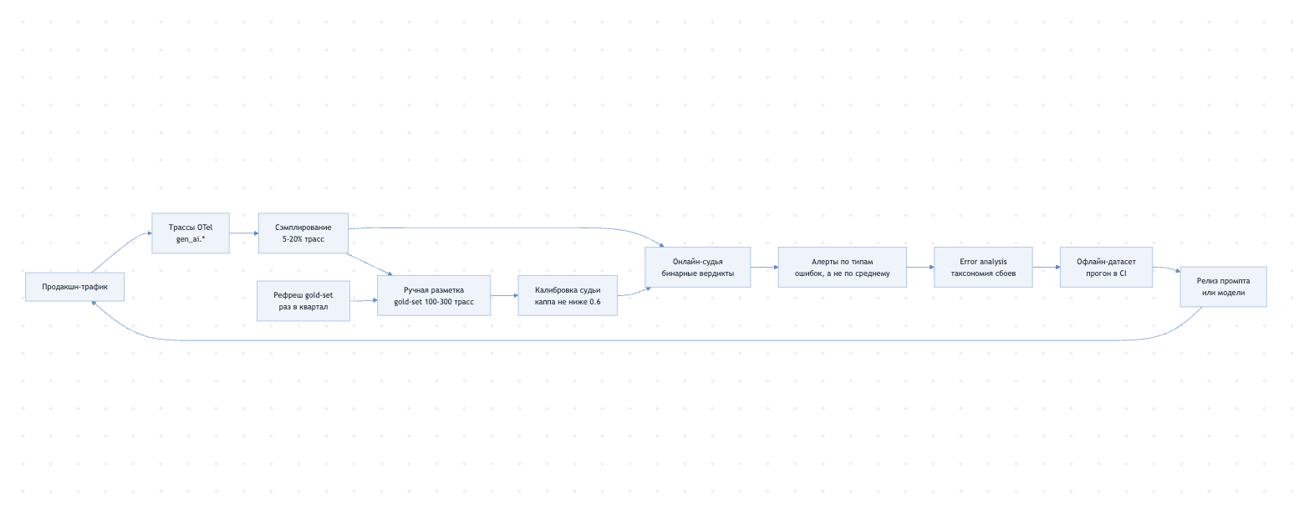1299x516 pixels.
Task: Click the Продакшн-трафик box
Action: tap(74, 287)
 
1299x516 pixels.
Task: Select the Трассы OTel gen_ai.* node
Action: tap(191, 233)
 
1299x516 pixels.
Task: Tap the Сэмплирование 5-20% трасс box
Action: tap(303, 233)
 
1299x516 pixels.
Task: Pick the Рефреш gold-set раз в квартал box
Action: tap(303, 301)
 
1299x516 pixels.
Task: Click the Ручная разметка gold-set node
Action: tap(434, 295)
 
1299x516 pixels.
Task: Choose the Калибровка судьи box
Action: tap(568, 295)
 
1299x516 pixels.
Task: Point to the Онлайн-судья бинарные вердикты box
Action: tap(698, 267)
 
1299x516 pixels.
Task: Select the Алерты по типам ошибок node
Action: tap(842, 267)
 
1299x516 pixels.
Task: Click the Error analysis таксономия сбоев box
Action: tap(983, 267)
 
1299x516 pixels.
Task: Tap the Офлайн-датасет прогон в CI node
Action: tap(1106, 267)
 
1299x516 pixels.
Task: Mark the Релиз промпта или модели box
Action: tap(1223, 287)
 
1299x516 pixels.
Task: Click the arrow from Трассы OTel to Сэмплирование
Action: tap(243, 233)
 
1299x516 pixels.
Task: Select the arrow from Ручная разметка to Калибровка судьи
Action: tap(504, 295)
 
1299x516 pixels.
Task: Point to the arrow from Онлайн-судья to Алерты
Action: tap(764, 267)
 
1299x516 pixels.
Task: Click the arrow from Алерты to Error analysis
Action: tap(920, 267)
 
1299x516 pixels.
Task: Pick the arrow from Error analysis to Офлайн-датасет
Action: tap(1047, 267)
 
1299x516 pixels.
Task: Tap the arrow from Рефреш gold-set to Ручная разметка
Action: tap(364, 301)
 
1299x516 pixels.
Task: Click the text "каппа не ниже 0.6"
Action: tap(568, 302)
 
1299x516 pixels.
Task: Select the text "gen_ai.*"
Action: tap(191, 239)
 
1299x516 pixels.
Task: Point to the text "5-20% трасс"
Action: tap(303, 239)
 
